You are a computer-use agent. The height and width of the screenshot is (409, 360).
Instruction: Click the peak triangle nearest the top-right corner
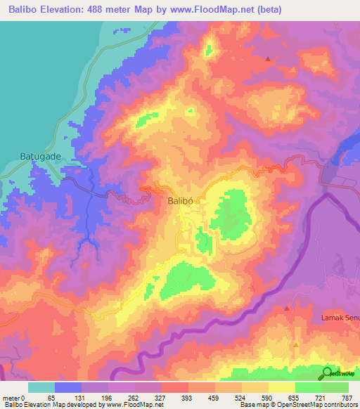pyautogui.click(x=267, y=59)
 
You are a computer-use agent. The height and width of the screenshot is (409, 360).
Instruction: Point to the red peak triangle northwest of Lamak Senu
pyautogui.click(x=287, y=309)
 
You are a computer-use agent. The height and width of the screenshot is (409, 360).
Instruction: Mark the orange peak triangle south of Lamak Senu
pyautogui.click(x=296, y=345)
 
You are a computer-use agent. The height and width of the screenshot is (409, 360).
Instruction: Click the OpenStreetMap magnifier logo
pyautogui.click(x=328, y=373)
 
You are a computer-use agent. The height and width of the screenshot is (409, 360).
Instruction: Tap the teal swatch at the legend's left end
pyautogui.click(x=41, y=387)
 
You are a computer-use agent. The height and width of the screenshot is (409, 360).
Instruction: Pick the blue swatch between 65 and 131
pyautogui.click(x=69, y=387)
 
